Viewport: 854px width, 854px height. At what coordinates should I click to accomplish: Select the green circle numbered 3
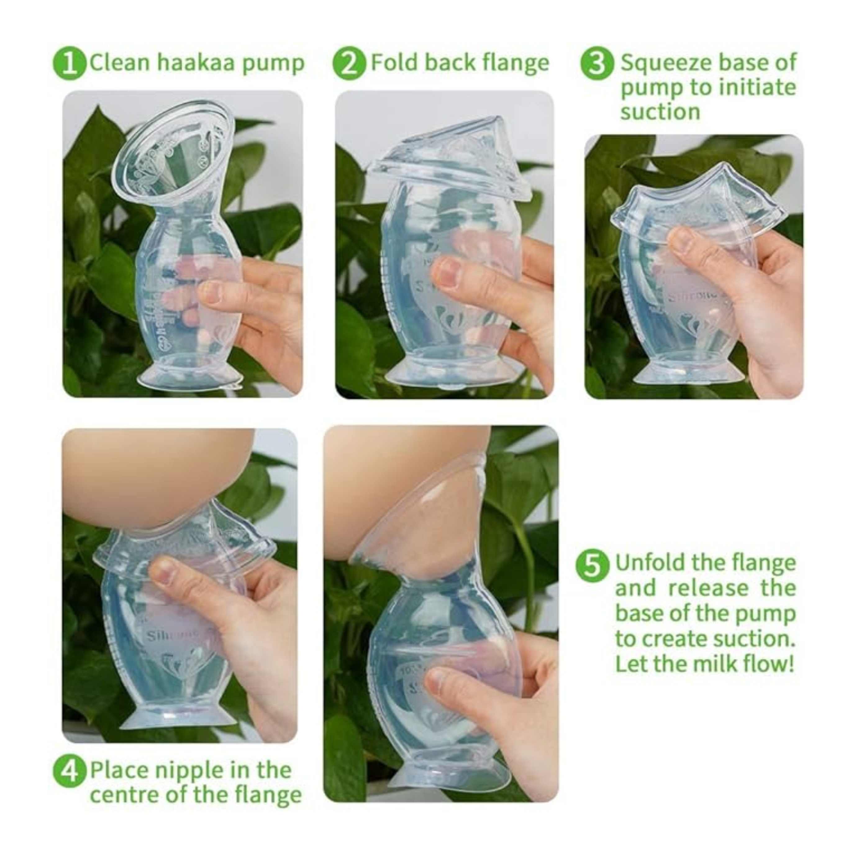click(597, 64)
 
